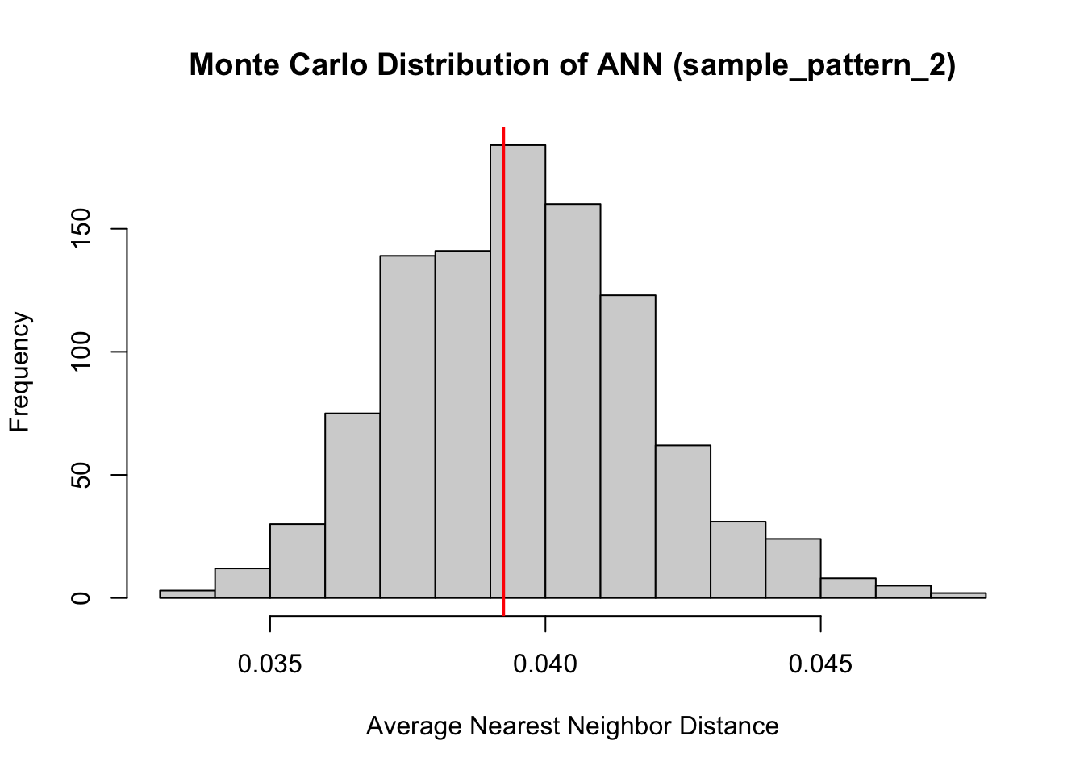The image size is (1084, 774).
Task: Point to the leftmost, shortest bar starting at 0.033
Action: (187, 594)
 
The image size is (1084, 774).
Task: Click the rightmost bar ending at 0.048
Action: (958, 595)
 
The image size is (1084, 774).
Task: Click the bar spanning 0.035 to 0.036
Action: (298, 561)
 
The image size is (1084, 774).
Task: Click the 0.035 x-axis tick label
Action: (270, 664)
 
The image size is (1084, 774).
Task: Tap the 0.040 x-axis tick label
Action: (546, 664)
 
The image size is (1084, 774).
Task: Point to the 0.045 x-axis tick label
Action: (821, 664)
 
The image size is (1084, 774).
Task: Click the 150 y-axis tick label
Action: (81, 229)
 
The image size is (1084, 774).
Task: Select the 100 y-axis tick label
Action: (81, 352)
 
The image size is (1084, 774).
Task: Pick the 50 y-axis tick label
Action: (81, 475)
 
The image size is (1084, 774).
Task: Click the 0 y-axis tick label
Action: (81, 598)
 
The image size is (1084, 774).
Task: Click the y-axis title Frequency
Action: (20, 372)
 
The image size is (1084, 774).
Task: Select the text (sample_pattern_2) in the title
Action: (813, 66)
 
